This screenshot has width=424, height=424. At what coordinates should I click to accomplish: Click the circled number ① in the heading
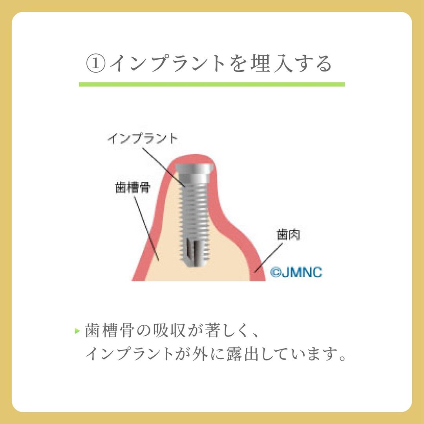[x=95, y=64]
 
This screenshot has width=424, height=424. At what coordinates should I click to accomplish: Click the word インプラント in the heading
[x=167, y=64]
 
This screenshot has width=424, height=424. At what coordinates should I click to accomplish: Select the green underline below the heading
[x=212, y=84]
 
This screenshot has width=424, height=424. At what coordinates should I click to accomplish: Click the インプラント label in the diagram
[x=143, y=139]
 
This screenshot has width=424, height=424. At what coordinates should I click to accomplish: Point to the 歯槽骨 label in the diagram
[x=133, y=187]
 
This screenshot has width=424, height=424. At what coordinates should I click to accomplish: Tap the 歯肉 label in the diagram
[x=288, y=234]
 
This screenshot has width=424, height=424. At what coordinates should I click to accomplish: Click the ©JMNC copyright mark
[x=296, y=272]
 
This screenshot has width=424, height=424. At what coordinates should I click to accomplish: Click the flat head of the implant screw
[x=194, y=169]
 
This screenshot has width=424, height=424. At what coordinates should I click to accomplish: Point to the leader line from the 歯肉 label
[x=268, y=257]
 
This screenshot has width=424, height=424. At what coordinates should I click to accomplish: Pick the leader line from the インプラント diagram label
[x=163, y=167]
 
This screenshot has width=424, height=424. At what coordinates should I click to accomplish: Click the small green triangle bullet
[x=78, y=331]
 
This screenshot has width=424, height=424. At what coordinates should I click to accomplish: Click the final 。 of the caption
[x=342, y=358]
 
